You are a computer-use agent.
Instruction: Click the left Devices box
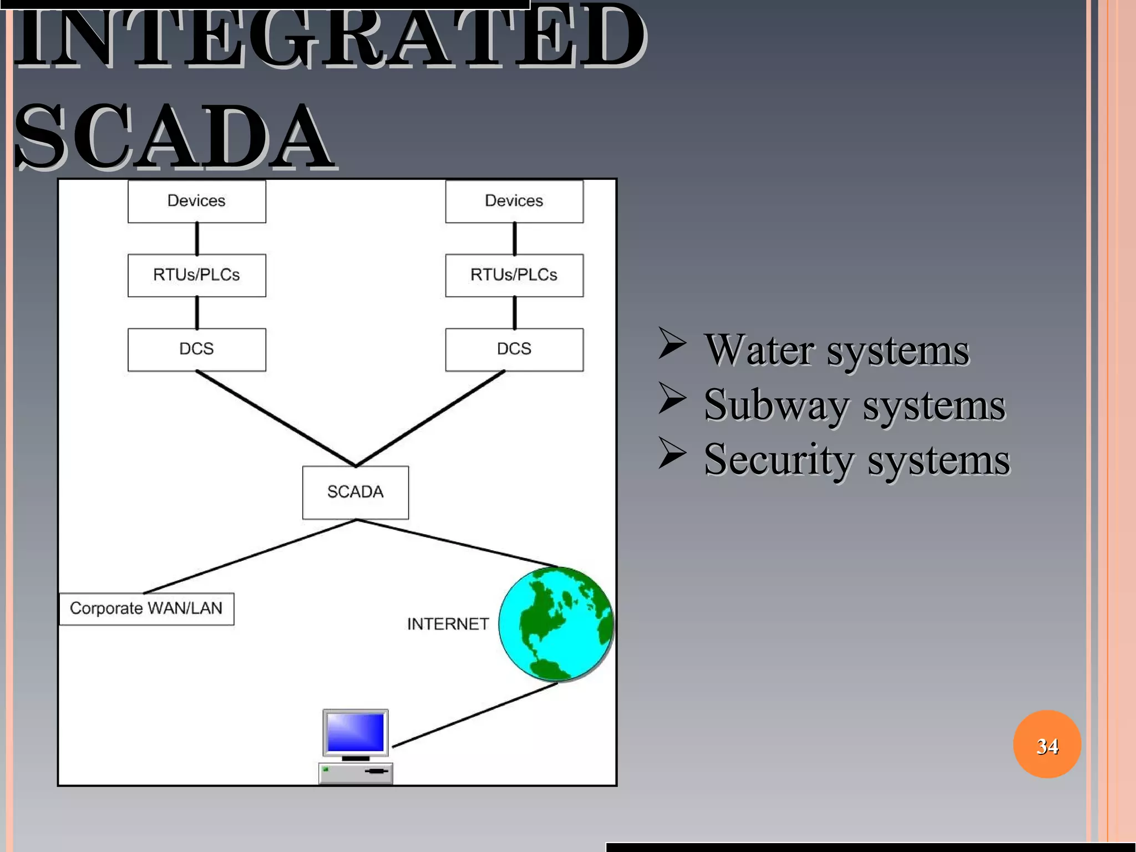(x=196, y=201)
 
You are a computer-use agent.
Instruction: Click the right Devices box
(x=514, y=201)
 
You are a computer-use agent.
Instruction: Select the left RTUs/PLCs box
(x=196, y=275)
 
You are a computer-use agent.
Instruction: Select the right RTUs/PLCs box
(x=514, y=275)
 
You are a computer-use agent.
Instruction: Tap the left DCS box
(x=196, y=349)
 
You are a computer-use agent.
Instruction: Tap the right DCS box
(x=514, y=349)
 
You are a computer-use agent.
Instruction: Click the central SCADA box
(x=355, y=492)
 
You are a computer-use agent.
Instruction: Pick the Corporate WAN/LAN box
(x=146, y=608)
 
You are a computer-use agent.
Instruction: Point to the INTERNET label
(x=448, y=624)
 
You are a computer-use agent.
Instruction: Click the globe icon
(x=556, y=624)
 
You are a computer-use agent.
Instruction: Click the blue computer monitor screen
(x=356, y=732)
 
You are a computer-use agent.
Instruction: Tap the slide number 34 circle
(x=1047, y=744)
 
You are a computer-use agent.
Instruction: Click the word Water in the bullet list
(x=758, y=351)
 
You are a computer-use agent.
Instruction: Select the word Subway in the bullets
(x=776, y=405)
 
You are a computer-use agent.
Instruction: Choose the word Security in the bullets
(x=778, y=460)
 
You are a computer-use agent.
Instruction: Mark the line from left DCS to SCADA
(x=276, y=418)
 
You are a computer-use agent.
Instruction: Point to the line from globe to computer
(x=475, y=714)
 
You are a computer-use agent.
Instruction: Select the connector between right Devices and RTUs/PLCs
(x=514, y=239)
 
